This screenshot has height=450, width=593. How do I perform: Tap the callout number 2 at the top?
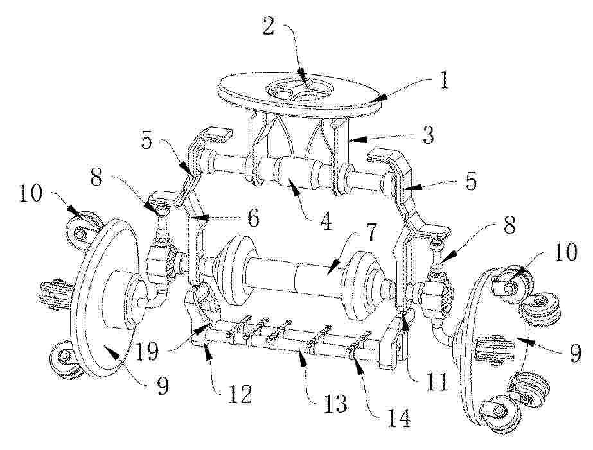[x=269, y=26]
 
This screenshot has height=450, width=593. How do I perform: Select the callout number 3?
[x=428, y=135]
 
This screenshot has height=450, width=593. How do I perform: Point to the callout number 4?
[x=326, y=220]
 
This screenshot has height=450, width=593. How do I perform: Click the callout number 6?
[x=252, y=218]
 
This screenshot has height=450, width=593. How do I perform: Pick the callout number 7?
[x=370, y=233]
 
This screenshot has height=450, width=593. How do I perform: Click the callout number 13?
[x=335, y=404]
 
